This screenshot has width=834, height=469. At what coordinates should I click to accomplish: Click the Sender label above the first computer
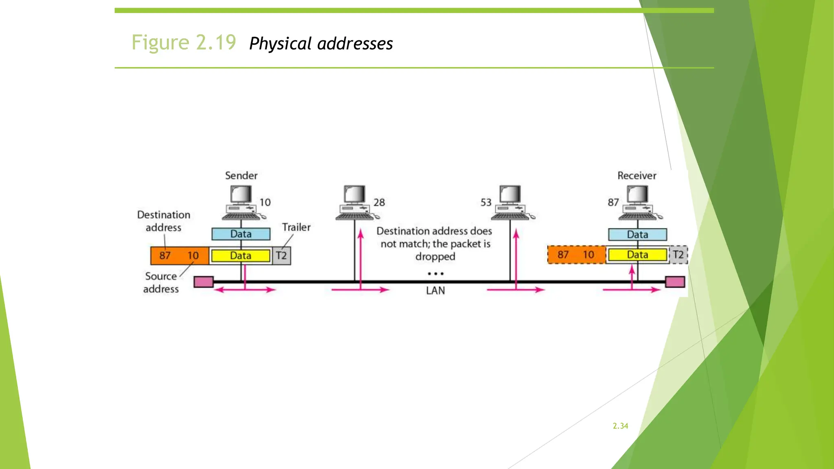(241, 175)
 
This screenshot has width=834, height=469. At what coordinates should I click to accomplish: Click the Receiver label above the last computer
(636, 175)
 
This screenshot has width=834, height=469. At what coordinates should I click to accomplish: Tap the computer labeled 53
(511, 203)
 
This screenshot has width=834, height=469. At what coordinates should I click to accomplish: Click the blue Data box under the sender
(241, 234)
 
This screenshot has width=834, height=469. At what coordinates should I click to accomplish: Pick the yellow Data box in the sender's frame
(241, 256)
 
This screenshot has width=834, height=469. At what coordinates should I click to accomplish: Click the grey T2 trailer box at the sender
(281, 256)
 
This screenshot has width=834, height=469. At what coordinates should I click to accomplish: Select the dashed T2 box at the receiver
(678, 255)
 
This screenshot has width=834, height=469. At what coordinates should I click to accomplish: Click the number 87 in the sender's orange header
(165, 256)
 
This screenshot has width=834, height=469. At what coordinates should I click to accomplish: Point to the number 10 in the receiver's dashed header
(588, 255)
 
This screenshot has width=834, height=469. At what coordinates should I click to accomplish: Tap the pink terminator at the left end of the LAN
(204, 282)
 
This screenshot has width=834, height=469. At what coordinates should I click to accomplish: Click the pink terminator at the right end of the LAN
(675, 282)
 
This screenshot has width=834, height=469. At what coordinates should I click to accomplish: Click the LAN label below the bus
(435, 291)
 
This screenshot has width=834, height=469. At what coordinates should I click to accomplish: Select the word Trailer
(296, 227)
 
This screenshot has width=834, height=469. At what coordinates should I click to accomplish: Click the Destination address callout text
(163, 221)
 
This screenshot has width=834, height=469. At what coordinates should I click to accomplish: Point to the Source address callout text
(161, 283)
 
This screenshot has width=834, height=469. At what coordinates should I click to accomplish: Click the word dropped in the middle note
(435, 256)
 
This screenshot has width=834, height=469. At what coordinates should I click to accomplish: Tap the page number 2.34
(620, 426)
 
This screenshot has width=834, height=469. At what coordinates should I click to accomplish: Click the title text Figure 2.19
(184, 42)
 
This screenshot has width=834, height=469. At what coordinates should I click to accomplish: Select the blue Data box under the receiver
(637, 234)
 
